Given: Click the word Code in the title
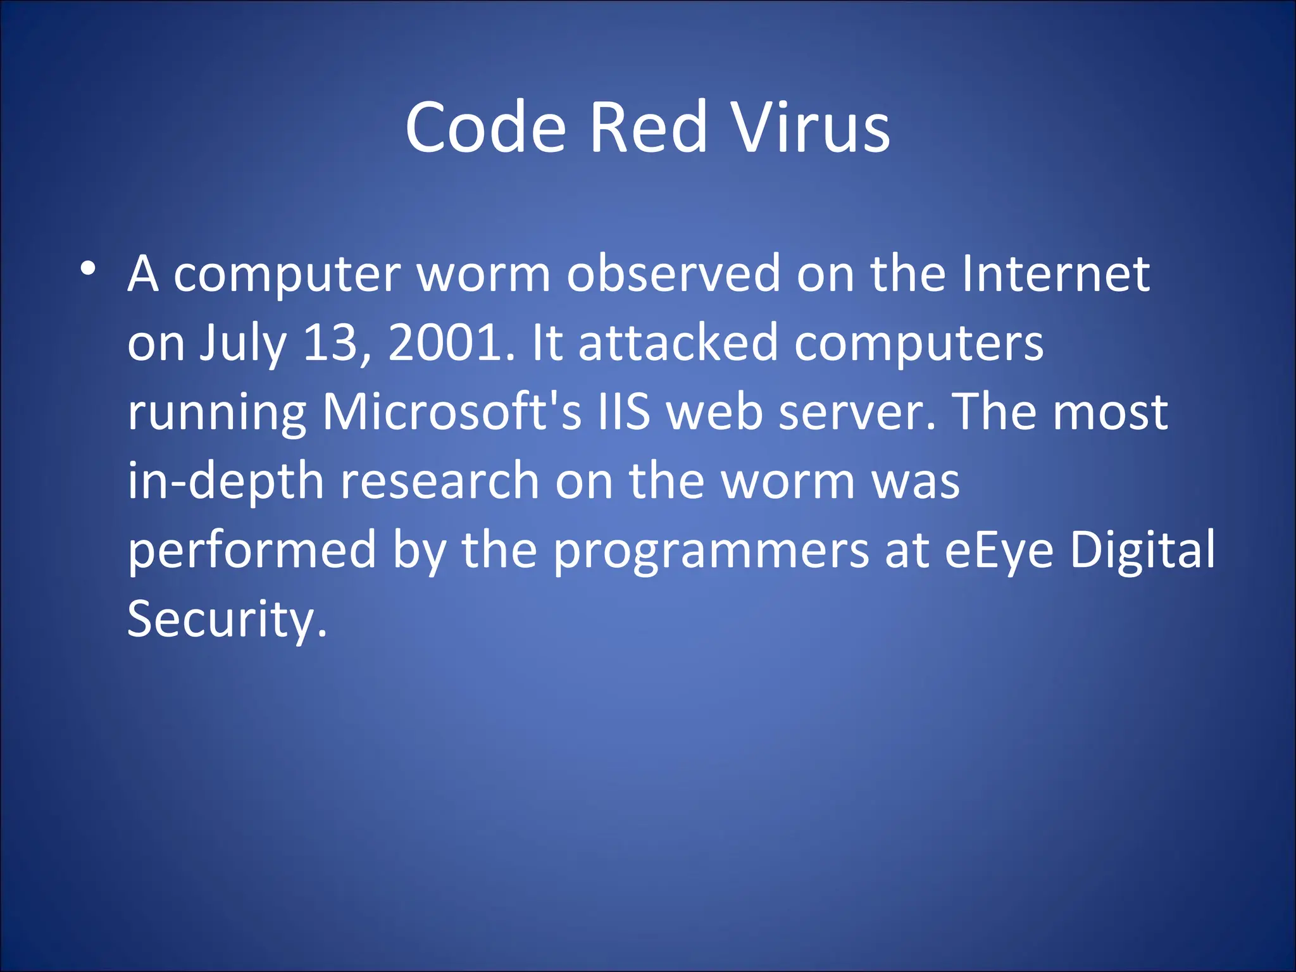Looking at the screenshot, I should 485,128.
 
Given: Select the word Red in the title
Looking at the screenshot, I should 647,128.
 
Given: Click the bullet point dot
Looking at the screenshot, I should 88,268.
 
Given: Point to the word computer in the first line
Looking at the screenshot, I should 287,275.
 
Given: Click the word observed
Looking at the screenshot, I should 673,274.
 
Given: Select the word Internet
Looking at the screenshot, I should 1055,274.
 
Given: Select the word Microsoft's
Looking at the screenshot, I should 451,412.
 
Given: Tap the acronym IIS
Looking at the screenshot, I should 624,412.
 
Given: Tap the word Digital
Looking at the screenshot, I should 1142,550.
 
